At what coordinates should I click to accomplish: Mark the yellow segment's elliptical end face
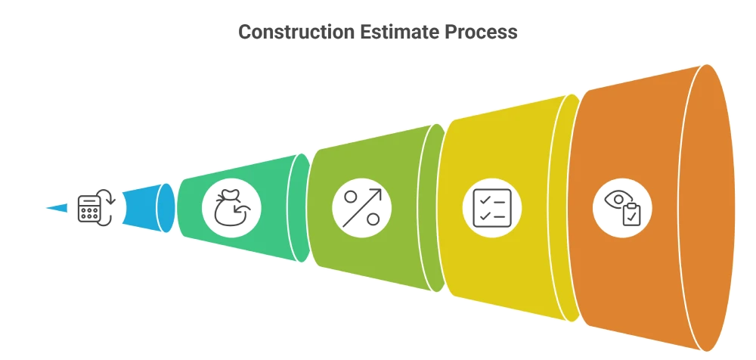click(x=565, y=207)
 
